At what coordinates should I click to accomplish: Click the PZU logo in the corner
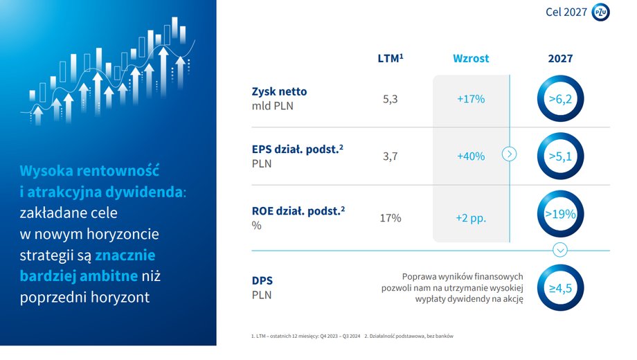(600, 12)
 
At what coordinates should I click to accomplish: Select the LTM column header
(391, 58)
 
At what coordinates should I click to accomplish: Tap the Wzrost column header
(471, 59)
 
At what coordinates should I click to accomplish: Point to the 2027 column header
(560, 59)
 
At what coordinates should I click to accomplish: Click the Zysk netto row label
(279, 91)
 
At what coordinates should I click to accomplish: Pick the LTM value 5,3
(390, 99)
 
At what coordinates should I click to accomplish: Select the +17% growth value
(471, 99)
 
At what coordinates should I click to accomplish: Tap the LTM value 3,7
(390, 156)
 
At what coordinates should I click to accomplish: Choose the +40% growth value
(471, 156)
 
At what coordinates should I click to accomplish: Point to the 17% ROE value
(391, 218)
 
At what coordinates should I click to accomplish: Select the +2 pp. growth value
(471, 218)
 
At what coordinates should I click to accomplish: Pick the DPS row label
(262, 281)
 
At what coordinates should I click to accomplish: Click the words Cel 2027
(566, 12)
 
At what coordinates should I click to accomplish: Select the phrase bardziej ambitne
(79, 276)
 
